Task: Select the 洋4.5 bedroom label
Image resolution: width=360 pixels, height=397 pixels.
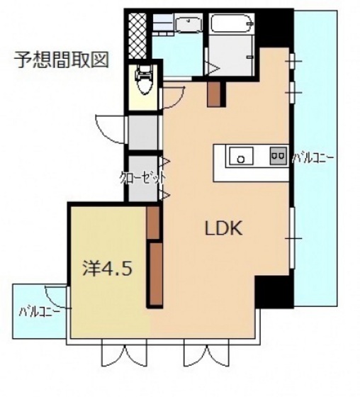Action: [106, 269]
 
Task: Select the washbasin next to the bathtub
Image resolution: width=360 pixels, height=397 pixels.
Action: [186, 26]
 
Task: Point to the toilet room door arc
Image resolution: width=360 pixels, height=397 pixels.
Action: [173, 92]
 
